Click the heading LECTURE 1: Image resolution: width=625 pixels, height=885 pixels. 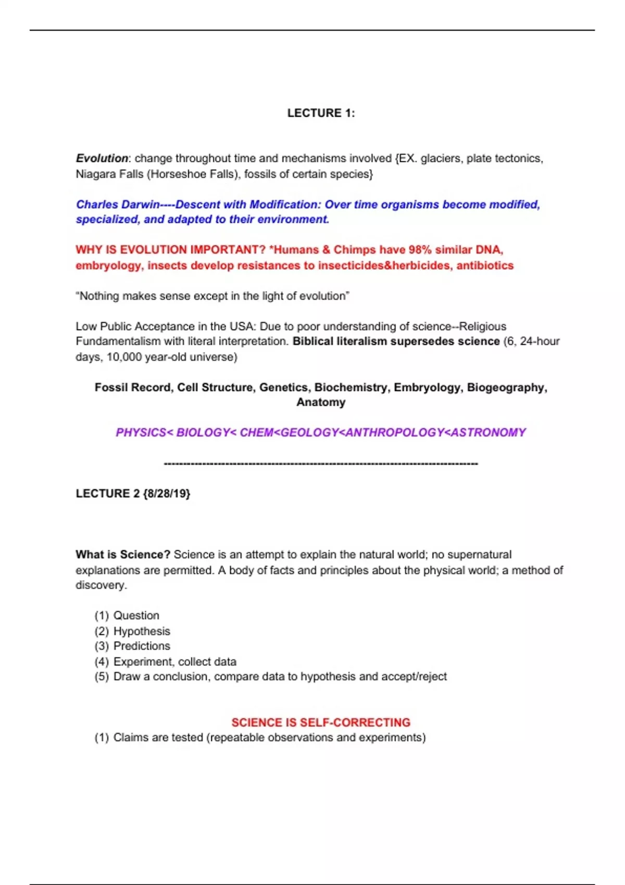[321, 113]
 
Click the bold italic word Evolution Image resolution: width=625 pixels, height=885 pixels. [102, 158]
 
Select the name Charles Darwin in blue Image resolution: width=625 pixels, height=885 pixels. [117, 205]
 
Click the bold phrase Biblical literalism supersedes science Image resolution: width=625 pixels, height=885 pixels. [396, 342]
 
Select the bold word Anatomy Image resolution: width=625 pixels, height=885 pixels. [321, 402]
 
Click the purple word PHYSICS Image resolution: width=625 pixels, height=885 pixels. [141, 433]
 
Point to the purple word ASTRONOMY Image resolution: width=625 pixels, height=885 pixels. [488, 433]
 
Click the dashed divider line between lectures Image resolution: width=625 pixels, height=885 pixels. [321, 463]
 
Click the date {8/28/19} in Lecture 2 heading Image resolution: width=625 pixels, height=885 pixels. [166, 494]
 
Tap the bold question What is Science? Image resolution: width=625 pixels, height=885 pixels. [123, 554]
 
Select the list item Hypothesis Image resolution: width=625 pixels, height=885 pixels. [142, 631]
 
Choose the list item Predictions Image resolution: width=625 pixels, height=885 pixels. [142, 646]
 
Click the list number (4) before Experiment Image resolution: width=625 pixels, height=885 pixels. [102, 662]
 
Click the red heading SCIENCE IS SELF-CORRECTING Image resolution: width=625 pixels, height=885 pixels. [321, 723]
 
